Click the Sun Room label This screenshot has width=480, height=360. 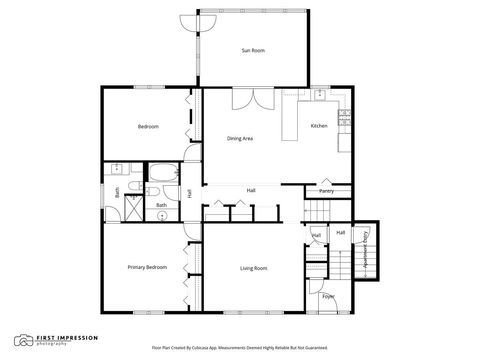(x=253, y=50)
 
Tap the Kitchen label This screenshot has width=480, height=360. (x=319, y=126)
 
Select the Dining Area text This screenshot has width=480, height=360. (x=240, y=138)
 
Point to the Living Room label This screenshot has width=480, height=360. (x=253, y=268)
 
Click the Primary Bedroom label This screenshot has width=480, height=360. (x=147, y=267)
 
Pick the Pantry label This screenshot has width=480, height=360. (x=326, y=190)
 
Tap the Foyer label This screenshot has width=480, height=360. (x=328, y=296)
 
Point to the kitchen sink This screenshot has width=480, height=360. (x=320, y=96)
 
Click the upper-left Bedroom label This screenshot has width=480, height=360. (x=148, y=127)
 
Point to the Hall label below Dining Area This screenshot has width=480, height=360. (x=251, y=190)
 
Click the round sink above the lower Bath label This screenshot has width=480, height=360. (x=161, y=214)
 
